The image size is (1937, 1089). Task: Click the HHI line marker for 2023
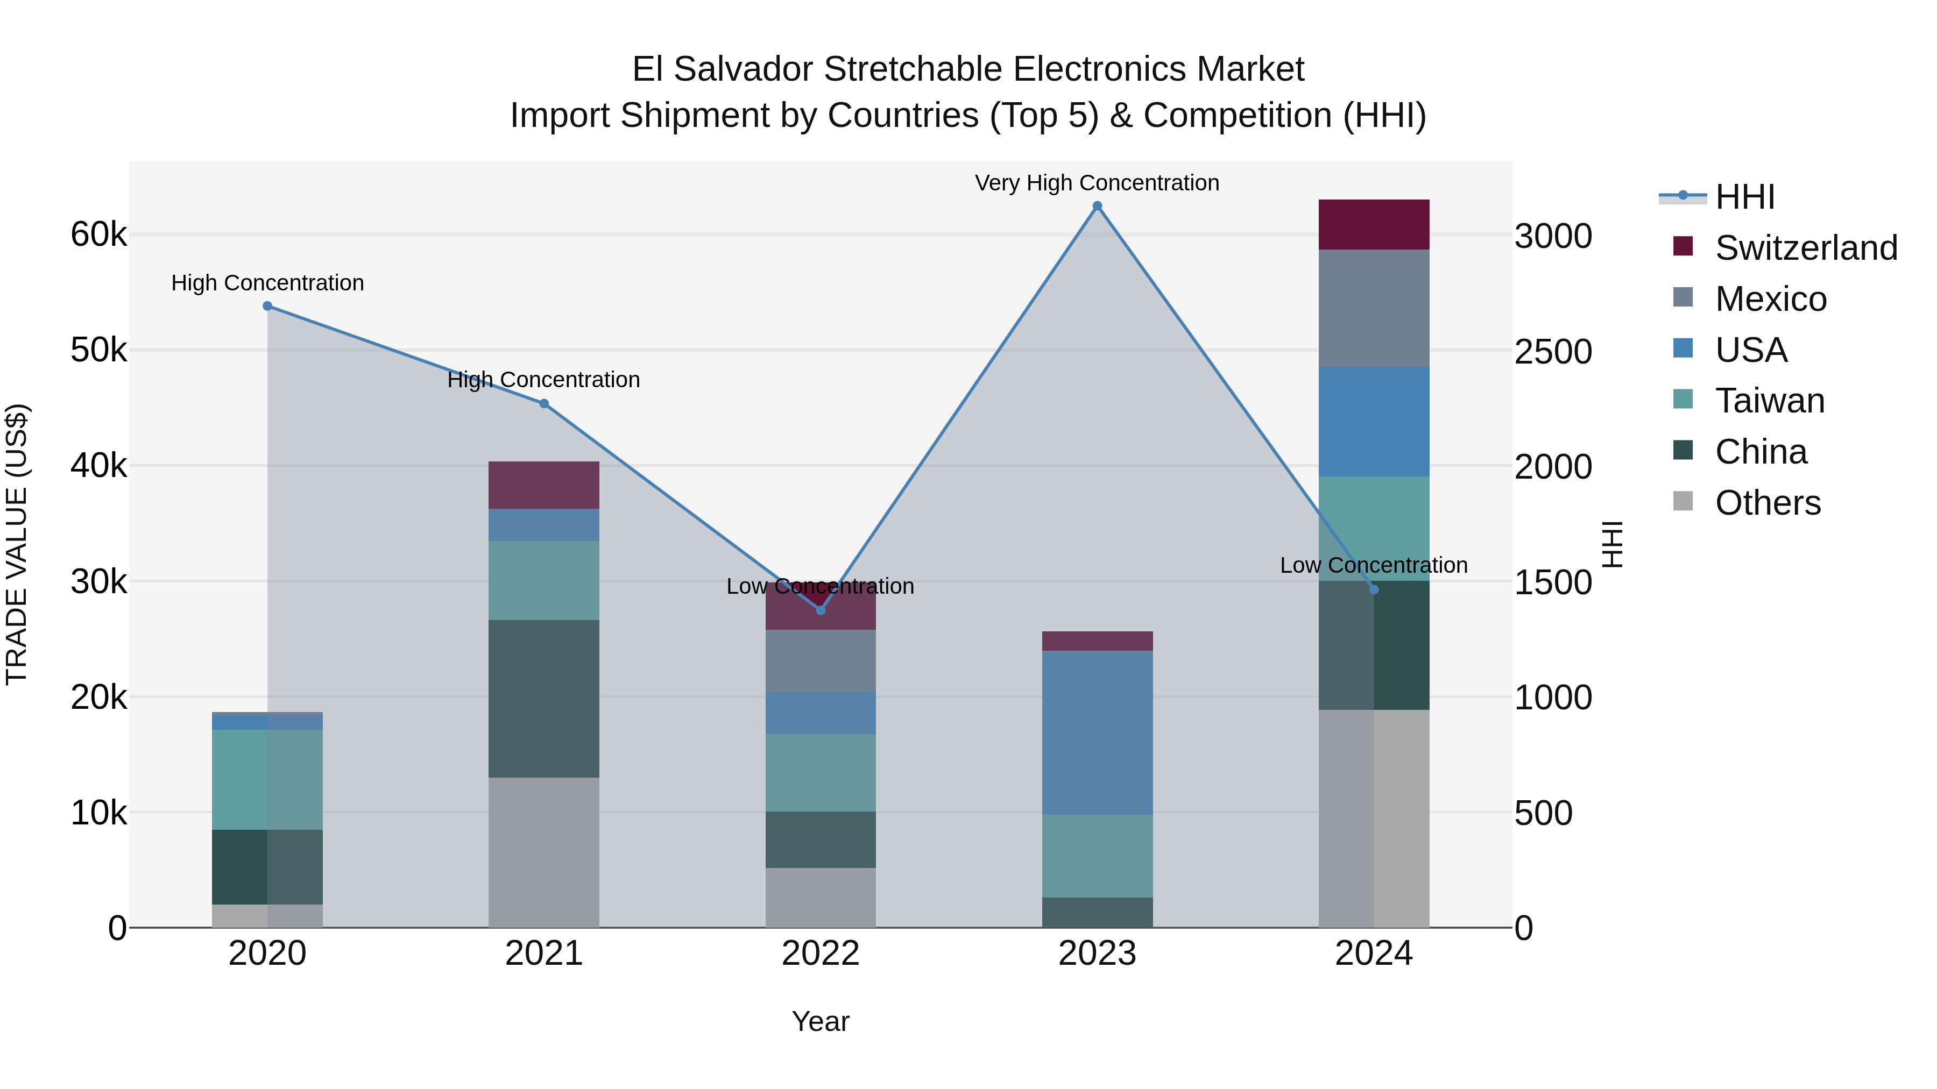point(1097,206)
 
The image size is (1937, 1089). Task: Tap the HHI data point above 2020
point(268,306)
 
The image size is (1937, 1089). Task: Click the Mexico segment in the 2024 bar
point(1374,308)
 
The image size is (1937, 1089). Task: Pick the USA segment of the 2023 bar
point(1097,733)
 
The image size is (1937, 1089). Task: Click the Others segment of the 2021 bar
point(543,852)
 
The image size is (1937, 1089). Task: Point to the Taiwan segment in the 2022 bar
point(821,773)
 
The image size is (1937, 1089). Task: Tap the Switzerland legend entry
point(1805,248)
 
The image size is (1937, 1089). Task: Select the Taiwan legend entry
point(1769,401)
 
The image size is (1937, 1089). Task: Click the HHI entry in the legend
point(1744,197)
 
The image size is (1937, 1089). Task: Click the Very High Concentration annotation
point(1097,183)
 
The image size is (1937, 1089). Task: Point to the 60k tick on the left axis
point(98,234)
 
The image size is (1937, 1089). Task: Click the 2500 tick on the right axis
point(1553,352)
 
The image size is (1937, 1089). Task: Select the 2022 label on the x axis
point(821,953)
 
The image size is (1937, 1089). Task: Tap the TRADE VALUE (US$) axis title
point(17,544)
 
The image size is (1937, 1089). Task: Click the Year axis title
point(821,1021)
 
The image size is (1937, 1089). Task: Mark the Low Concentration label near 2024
point(1373,565)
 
